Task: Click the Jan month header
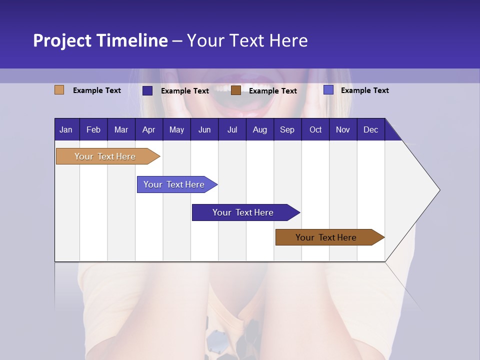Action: pos(66,129)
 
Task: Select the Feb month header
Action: pos(93,129)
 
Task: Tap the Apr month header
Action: pos(148,129)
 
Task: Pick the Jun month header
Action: pos(204,129)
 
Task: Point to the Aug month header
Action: pos(259,129)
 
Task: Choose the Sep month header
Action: pos(287,129)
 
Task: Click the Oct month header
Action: pos(315,129)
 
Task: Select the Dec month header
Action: pos(370,129)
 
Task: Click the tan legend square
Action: pos(59,90)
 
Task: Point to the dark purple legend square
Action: pos(147,90)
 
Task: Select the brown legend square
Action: pos(236,90)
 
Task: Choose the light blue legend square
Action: pos(328,90)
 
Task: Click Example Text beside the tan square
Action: pos(97,90)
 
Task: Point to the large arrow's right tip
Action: pos(438,190)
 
